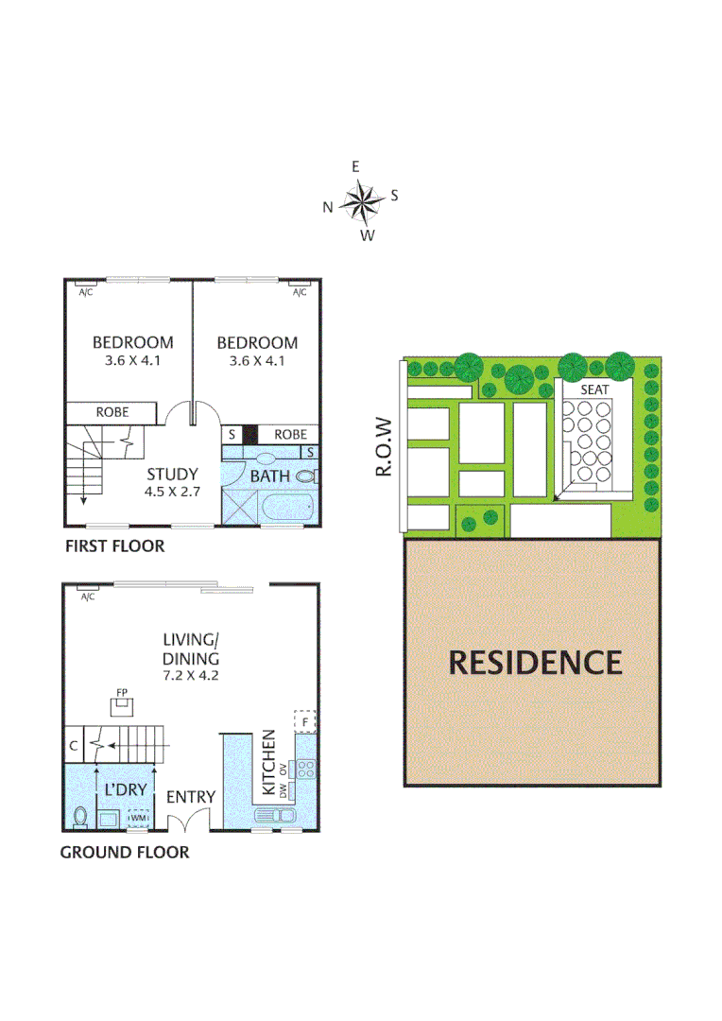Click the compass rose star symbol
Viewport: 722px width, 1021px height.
359,199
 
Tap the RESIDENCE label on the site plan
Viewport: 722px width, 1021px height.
535,662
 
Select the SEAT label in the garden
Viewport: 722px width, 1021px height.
594,389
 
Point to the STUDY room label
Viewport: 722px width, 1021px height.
173,475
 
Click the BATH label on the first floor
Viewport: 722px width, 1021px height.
270,476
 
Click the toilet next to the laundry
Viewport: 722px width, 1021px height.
80,814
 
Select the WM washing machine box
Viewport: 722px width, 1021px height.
139,818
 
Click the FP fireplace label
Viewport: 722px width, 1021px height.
122,693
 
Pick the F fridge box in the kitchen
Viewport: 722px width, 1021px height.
304,720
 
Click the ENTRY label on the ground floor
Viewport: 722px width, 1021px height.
191,797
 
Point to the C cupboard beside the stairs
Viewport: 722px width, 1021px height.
73,746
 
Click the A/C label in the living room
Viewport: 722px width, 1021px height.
88,597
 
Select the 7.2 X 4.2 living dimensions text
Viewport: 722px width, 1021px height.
191,676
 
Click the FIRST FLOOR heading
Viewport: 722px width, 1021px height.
114,546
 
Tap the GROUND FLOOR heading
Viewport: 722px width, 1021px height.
125,853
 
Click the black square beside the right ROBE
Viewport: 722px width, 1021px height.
249,434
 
